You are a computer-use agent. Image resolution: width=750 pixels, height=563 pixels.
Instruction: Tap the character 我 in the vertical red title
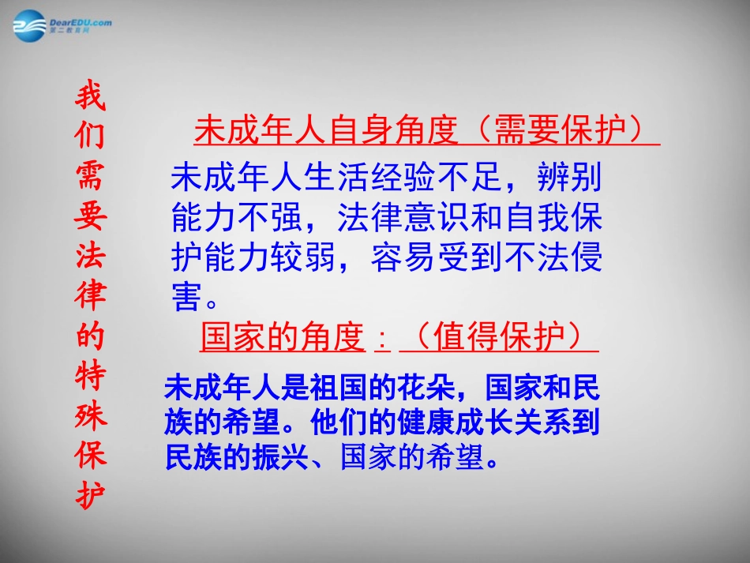click(x=89, y=97)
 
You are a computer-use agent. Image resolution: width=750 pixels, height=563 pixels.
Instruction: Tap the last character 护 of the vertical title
click(x=89, y=496)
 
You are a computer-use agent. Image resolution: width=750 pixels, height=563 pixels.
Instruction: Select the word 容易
click(x=403, y=257)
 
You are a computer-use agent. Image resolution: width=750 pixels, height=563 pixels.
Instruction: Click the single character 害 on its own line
click(x=186, y=297)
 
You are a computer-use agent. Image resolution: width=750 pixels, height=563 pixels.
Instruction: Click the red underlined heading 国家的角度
click(x=281, y=337)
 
